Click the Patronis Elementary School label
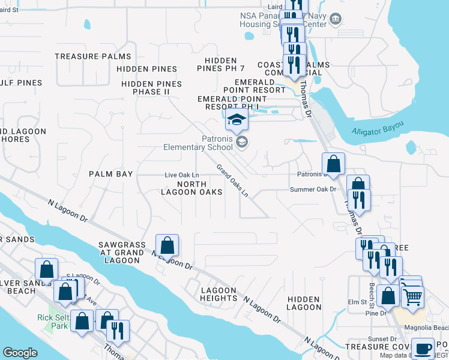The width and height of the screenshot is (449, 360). click(199, 143)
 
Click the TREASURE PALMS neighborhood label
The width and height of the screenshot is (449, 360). click(92, 56)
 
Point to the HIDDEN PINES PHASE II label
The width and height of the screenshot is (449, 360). click(151, 88)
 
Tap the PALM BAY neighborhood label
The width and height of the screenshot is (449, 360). click(110, 174)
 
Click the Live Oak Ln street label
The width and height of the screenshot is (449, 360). click(182, 175)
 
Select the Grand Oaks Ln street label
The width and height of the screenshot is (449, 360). click(232, 181)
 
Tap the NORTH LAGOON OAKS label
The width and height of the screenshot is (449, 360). click(191, 188)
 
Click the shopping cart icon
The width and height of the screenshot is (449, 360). click(412, 296)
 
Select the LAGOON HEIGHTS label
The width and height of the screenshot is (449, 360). click(218, 294)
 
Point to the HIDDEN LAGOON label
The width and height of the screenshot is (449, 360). click(304, 303)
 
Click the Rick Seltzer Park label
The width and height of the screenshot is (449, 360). click(54, 322)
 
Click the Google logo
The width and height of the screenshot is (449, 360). click(20, 353)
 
